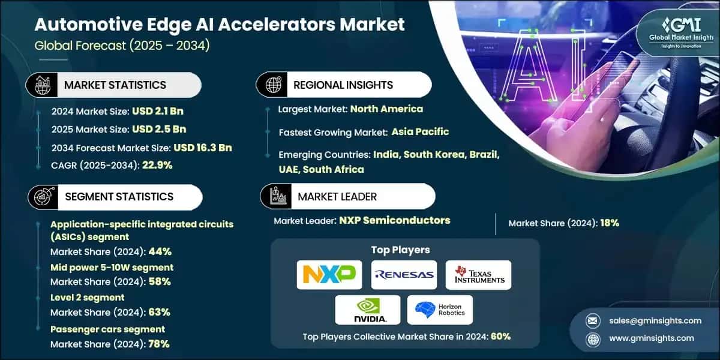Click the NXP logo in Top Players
pyautogui.click(x=329, y=275)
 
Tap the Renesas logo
pyautogui.click(x=404, y=275)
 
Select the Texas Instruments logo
pyautogui.click(x=478, y=275)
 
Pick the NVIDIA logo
pyautogui.click(x=368, y=310)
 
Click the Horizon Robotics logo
pyautogui.click(x=440, y=310)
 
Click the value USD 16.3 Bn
pyautogui.click(x=203, y=148)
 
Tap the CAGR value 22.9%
pyautogui.click(x=157, y=165)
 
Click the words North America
pyautogui.click(x=386, y=109)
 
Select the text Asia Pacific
pyautogui.click(x=420, y=131)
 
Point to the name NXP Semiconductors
pyautogui.click(x=395, y=220)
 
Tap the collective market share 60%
pyautogui.click(x=500, y=336)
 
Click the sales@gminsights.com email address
pyautogui.click(x=650, y=320)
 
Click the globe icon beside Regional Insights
pyautogui.click(x=274, y=85)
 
